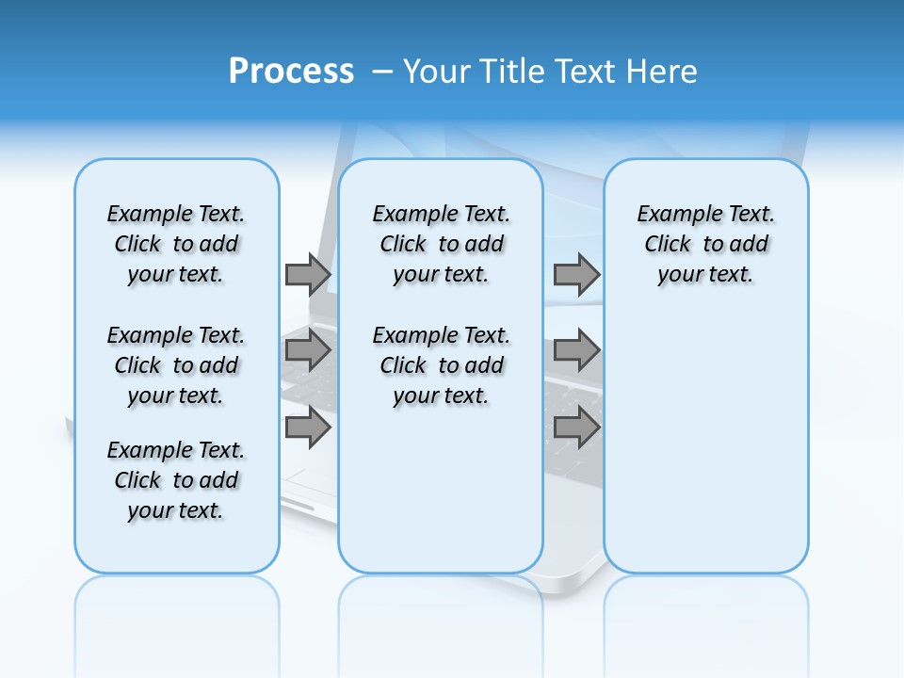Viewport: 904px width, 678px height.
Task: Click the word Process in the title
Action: tap(291, 71)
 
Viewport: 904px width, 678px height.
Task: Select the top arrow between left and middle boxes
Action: tap(308, 274)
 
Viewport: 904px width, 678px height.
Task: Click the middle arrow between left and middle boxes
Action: tap(308, 351)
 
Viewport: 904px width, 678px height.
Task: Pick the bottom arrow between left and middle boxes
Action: tap(308, 428)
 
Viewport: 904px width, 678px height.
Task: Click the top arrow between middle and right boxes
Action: tap(576, 274)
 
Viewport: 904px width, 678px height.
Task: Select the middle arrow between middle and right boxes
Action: tap(576, 351)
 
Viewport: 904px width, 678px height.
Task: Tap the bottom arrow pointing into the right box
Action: tap(576, 428)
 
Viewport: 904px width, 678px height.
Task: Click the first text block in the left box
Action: tap(176, 244)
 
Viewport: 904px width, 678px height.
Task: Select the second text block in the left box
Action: tap(176, 365)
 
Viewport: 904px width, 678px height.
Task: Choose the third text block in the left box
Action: tap(176, 480)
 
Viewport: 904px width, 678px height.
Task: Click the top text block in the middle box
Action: tap(441, 244)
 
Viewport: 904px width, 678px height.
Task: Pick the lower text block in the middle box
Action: tap(441, 365)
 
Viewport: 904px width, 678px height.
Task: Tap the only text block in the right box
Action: tap(705, 244)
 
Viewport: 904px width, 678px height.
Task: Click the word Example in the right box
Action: tap(671, 215)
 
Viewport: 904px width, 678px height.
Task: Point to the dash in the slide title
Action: tap(382, 71)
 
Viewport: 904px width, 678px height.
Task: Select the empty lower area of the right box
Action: tap(705, 443)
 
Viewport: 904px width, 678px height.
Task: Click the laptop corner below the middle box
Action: tap(574, 584)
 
